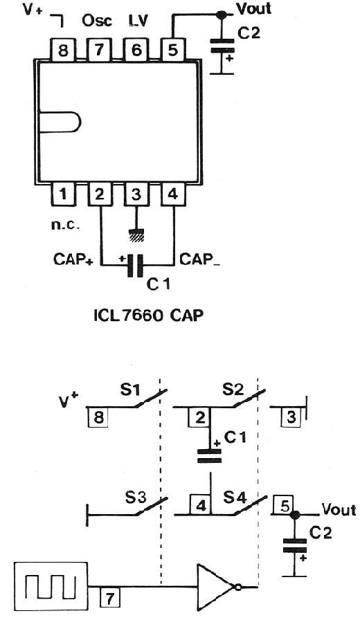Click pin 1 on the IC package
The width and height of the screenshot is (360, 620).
[x=63, y=194]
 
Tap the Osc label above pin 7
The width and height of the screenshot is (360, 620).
[x=97, y=20]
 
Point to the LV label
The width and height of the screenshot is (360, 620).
[x=138, y=20]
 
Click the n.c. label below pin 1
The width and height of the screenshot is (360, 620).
[x=65, y=225]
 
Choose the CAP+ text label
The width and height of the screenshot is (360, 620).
[x=73, y=259]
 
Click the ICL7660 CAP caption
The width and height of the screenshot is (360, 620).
[x=149, y=315]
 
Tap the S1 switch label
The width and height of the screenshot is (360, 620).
[x=129, y=390]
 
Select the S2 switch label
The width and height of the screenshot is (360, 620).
[x=233, y=389]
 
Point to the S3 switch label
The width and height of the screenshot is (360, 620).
[x=136, y=498]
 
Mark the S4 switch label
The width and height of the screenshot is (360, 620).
[x=234, y=497]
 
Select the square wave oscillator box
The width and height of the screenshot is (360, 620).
[x=51, y=585]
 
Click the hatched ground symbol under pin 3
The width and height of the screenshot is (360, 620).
[x=136, y=235]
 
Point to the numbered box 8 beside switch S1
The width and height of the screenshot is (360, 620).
[x=98, y=417]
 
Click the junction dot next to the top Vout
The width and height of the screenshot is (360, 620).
[x=222, y=15]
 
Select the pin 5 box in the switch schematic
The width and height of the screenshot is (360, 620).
[x=284, y=506]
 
